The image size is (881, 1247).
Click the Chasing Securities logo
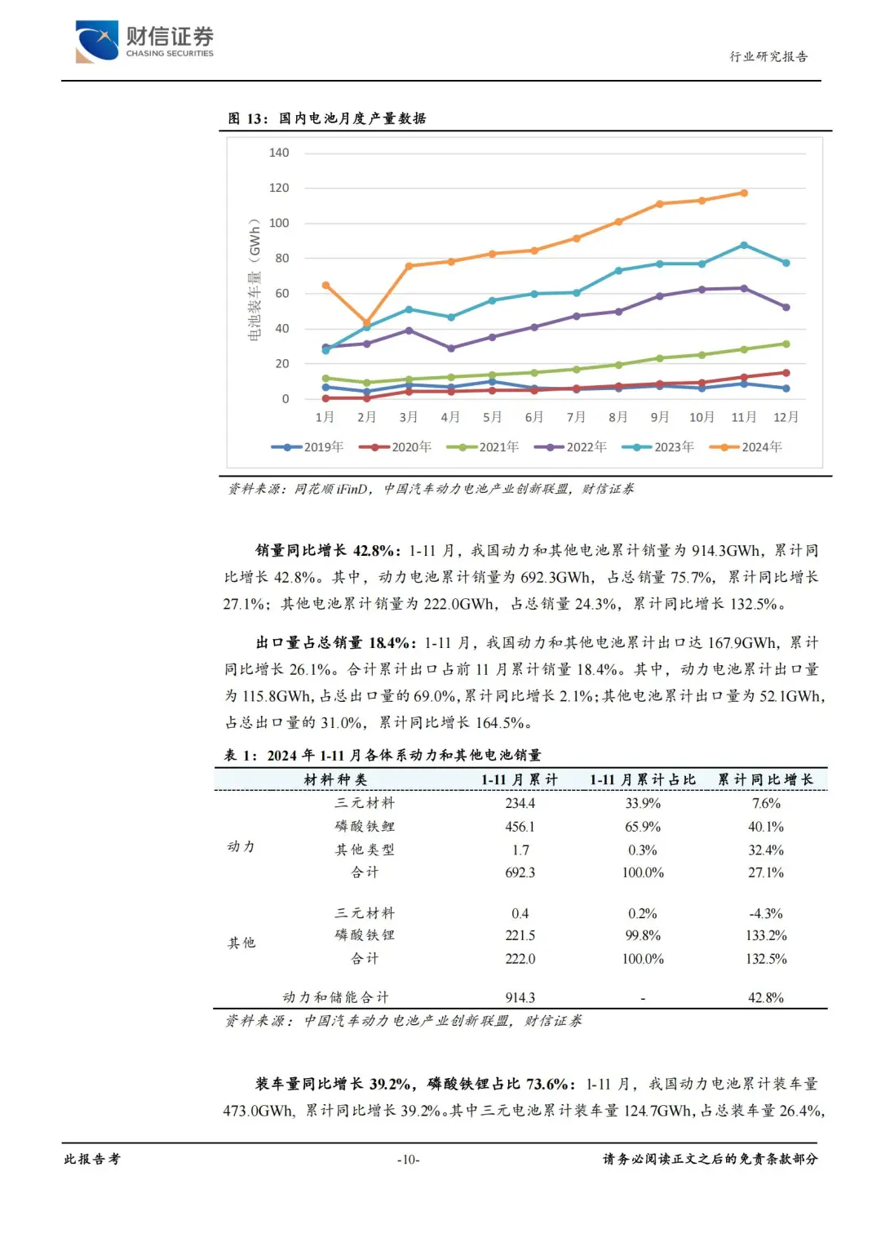[144, 41]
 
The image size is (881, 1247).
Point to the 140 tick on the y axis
[279, 153]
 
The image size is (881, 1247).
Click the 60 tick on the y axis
[282, 294]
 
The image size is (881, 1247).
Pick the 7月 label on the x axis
[576, 417]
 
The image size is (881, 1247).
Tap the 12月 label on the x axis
[786, 417]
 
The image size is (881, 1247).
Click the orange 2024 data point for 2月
[366, 322]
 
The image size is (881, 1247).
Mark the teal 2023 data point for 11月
[744, 245]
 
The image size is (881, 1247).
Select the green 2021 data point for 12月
[786, 344]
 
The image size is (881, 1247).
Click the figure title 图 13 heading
[326, 118]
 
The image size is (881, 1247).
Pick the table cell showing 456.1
[520, 827]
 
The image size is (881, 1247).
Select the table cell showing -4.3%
[765, 913]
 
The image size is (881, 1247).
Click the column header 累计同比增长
[765, 779]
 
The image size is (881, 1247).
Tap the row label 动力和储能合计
[335, 997]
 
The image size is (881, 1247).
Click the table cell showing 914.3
[520, 997]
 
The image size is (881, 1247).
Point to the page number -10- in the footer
[408, 1160]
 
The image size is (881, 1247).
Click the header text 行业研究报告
[768, 56]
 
